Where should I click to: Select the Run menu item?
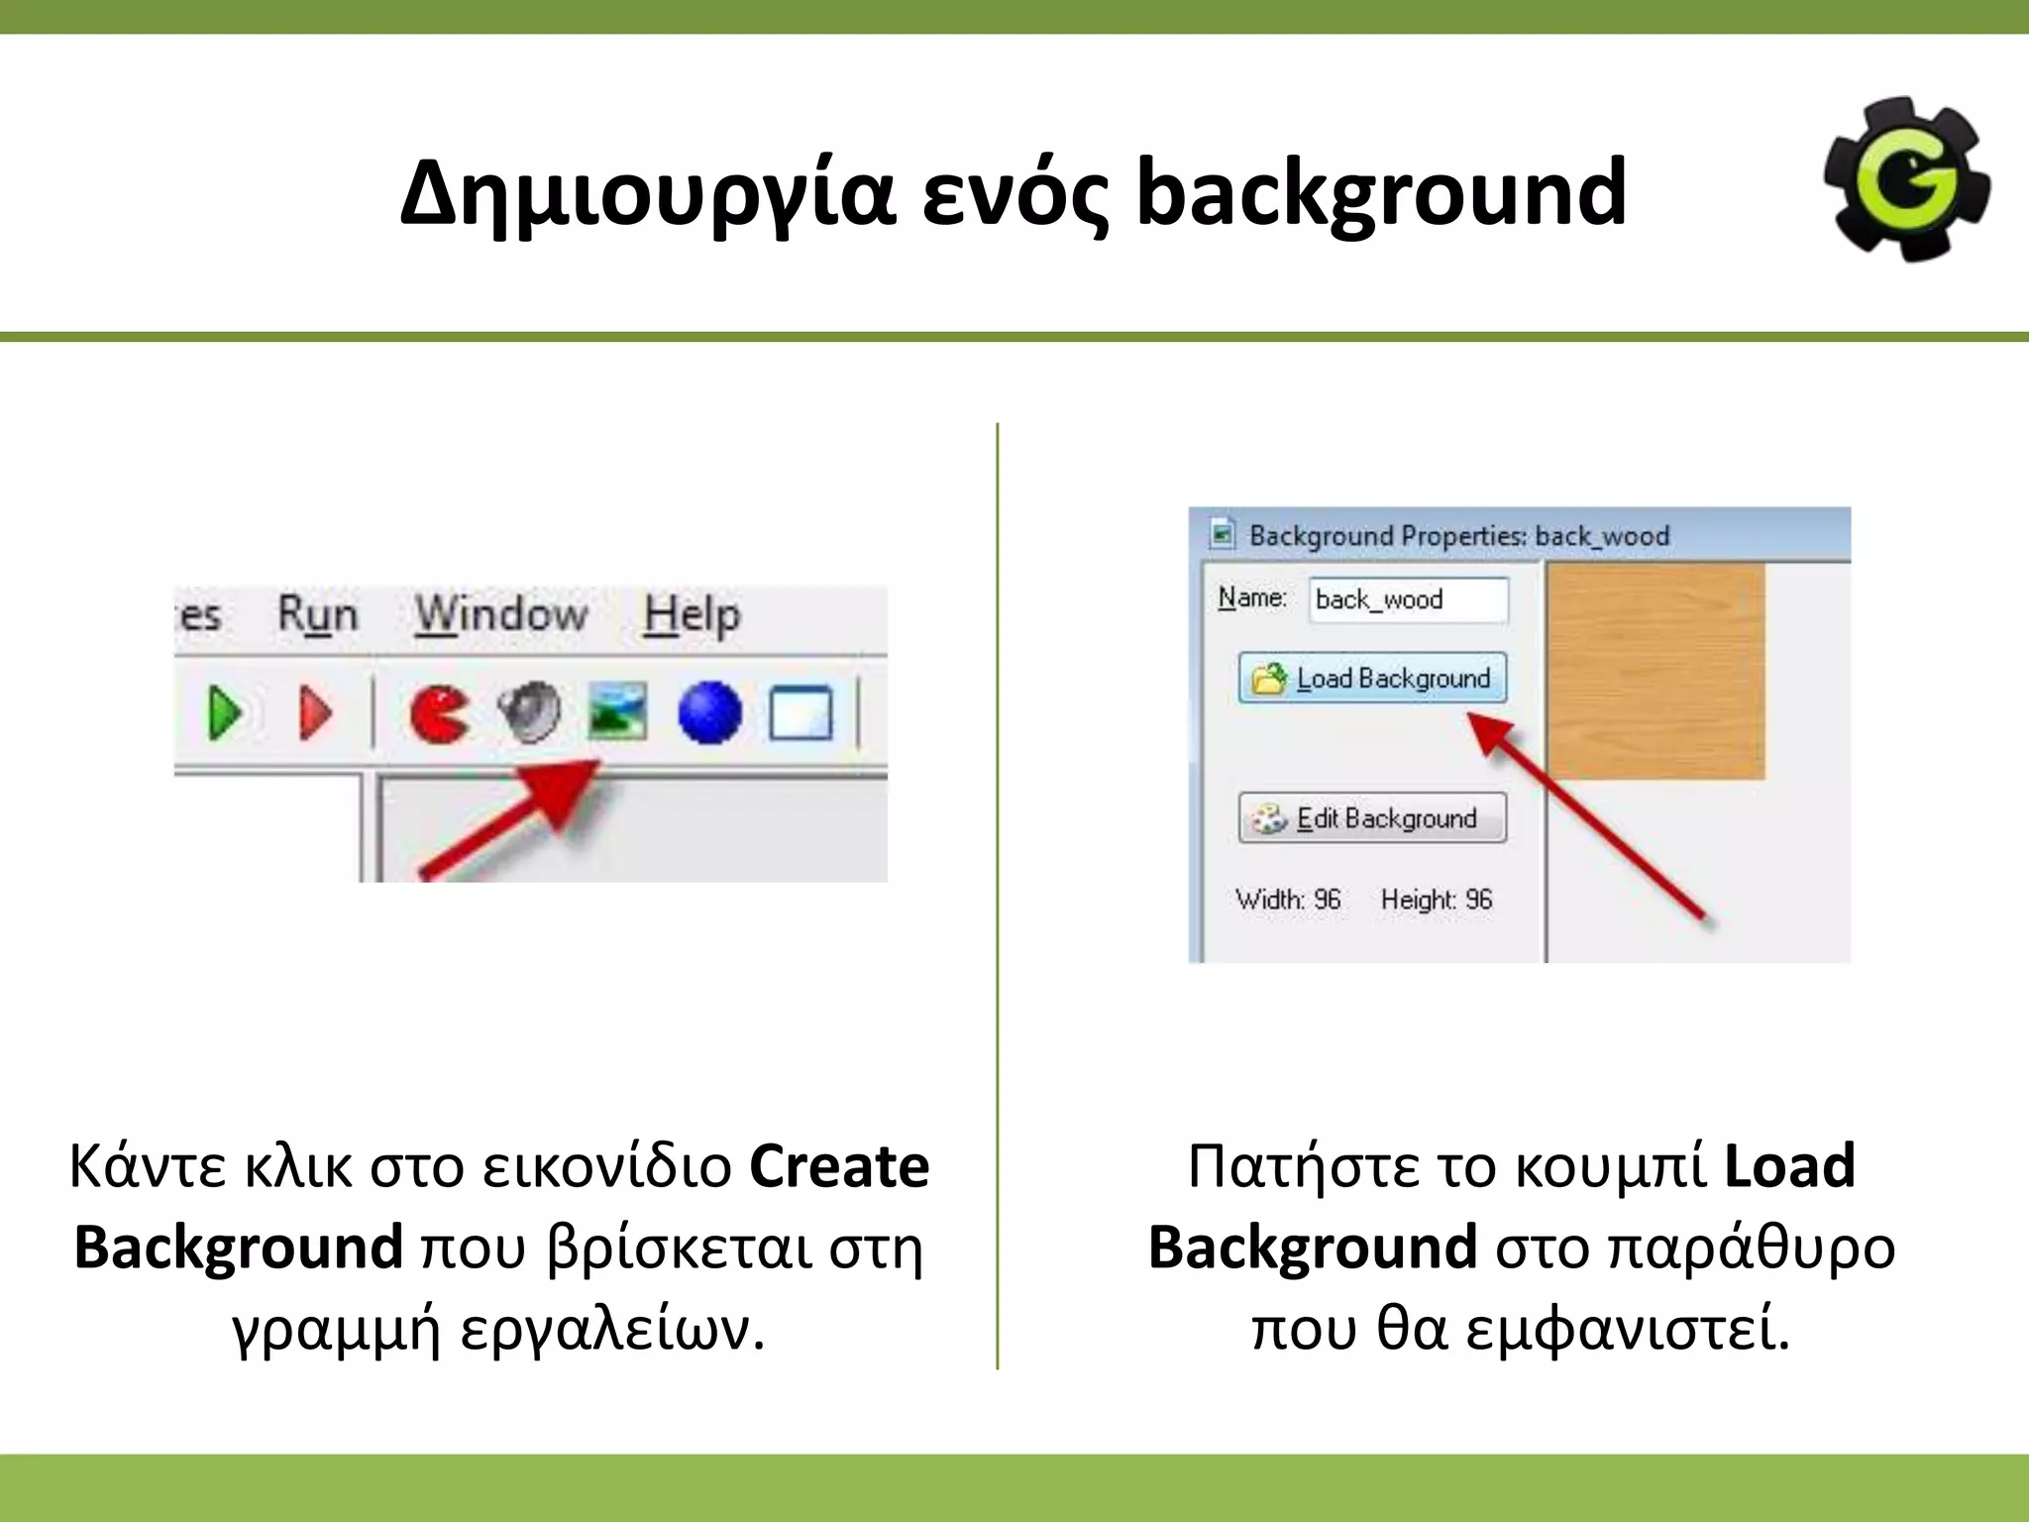pos(317,615)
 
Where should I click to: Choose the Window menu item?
pos(501,615)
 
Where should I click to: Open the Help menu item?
pos(692,615)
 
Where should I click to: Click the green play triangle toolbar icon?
pos(226,712)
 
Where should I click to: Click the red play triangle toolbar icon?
pos(316,712)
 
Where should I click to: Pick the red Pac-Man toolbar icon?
pos(439,713)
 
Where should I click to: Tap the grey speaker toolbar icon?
pos(529,711)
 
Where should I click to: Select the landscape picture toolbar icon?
pos(617,711)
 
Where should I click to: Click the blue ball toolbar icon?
pos(709,712)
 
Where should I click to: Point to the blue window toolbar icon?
pos(801,712)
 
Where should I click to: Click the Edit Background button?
pos(1372,818)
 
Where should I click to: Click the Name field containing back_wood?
pos(1408,599)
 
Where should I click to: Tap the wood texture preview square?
pos(1655,673)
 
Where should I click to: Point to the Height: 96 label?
pos(1436,900)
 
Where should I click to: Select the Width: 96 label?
pos(1288,900)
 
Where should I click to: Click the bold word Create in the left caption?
pos(839,1166)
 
